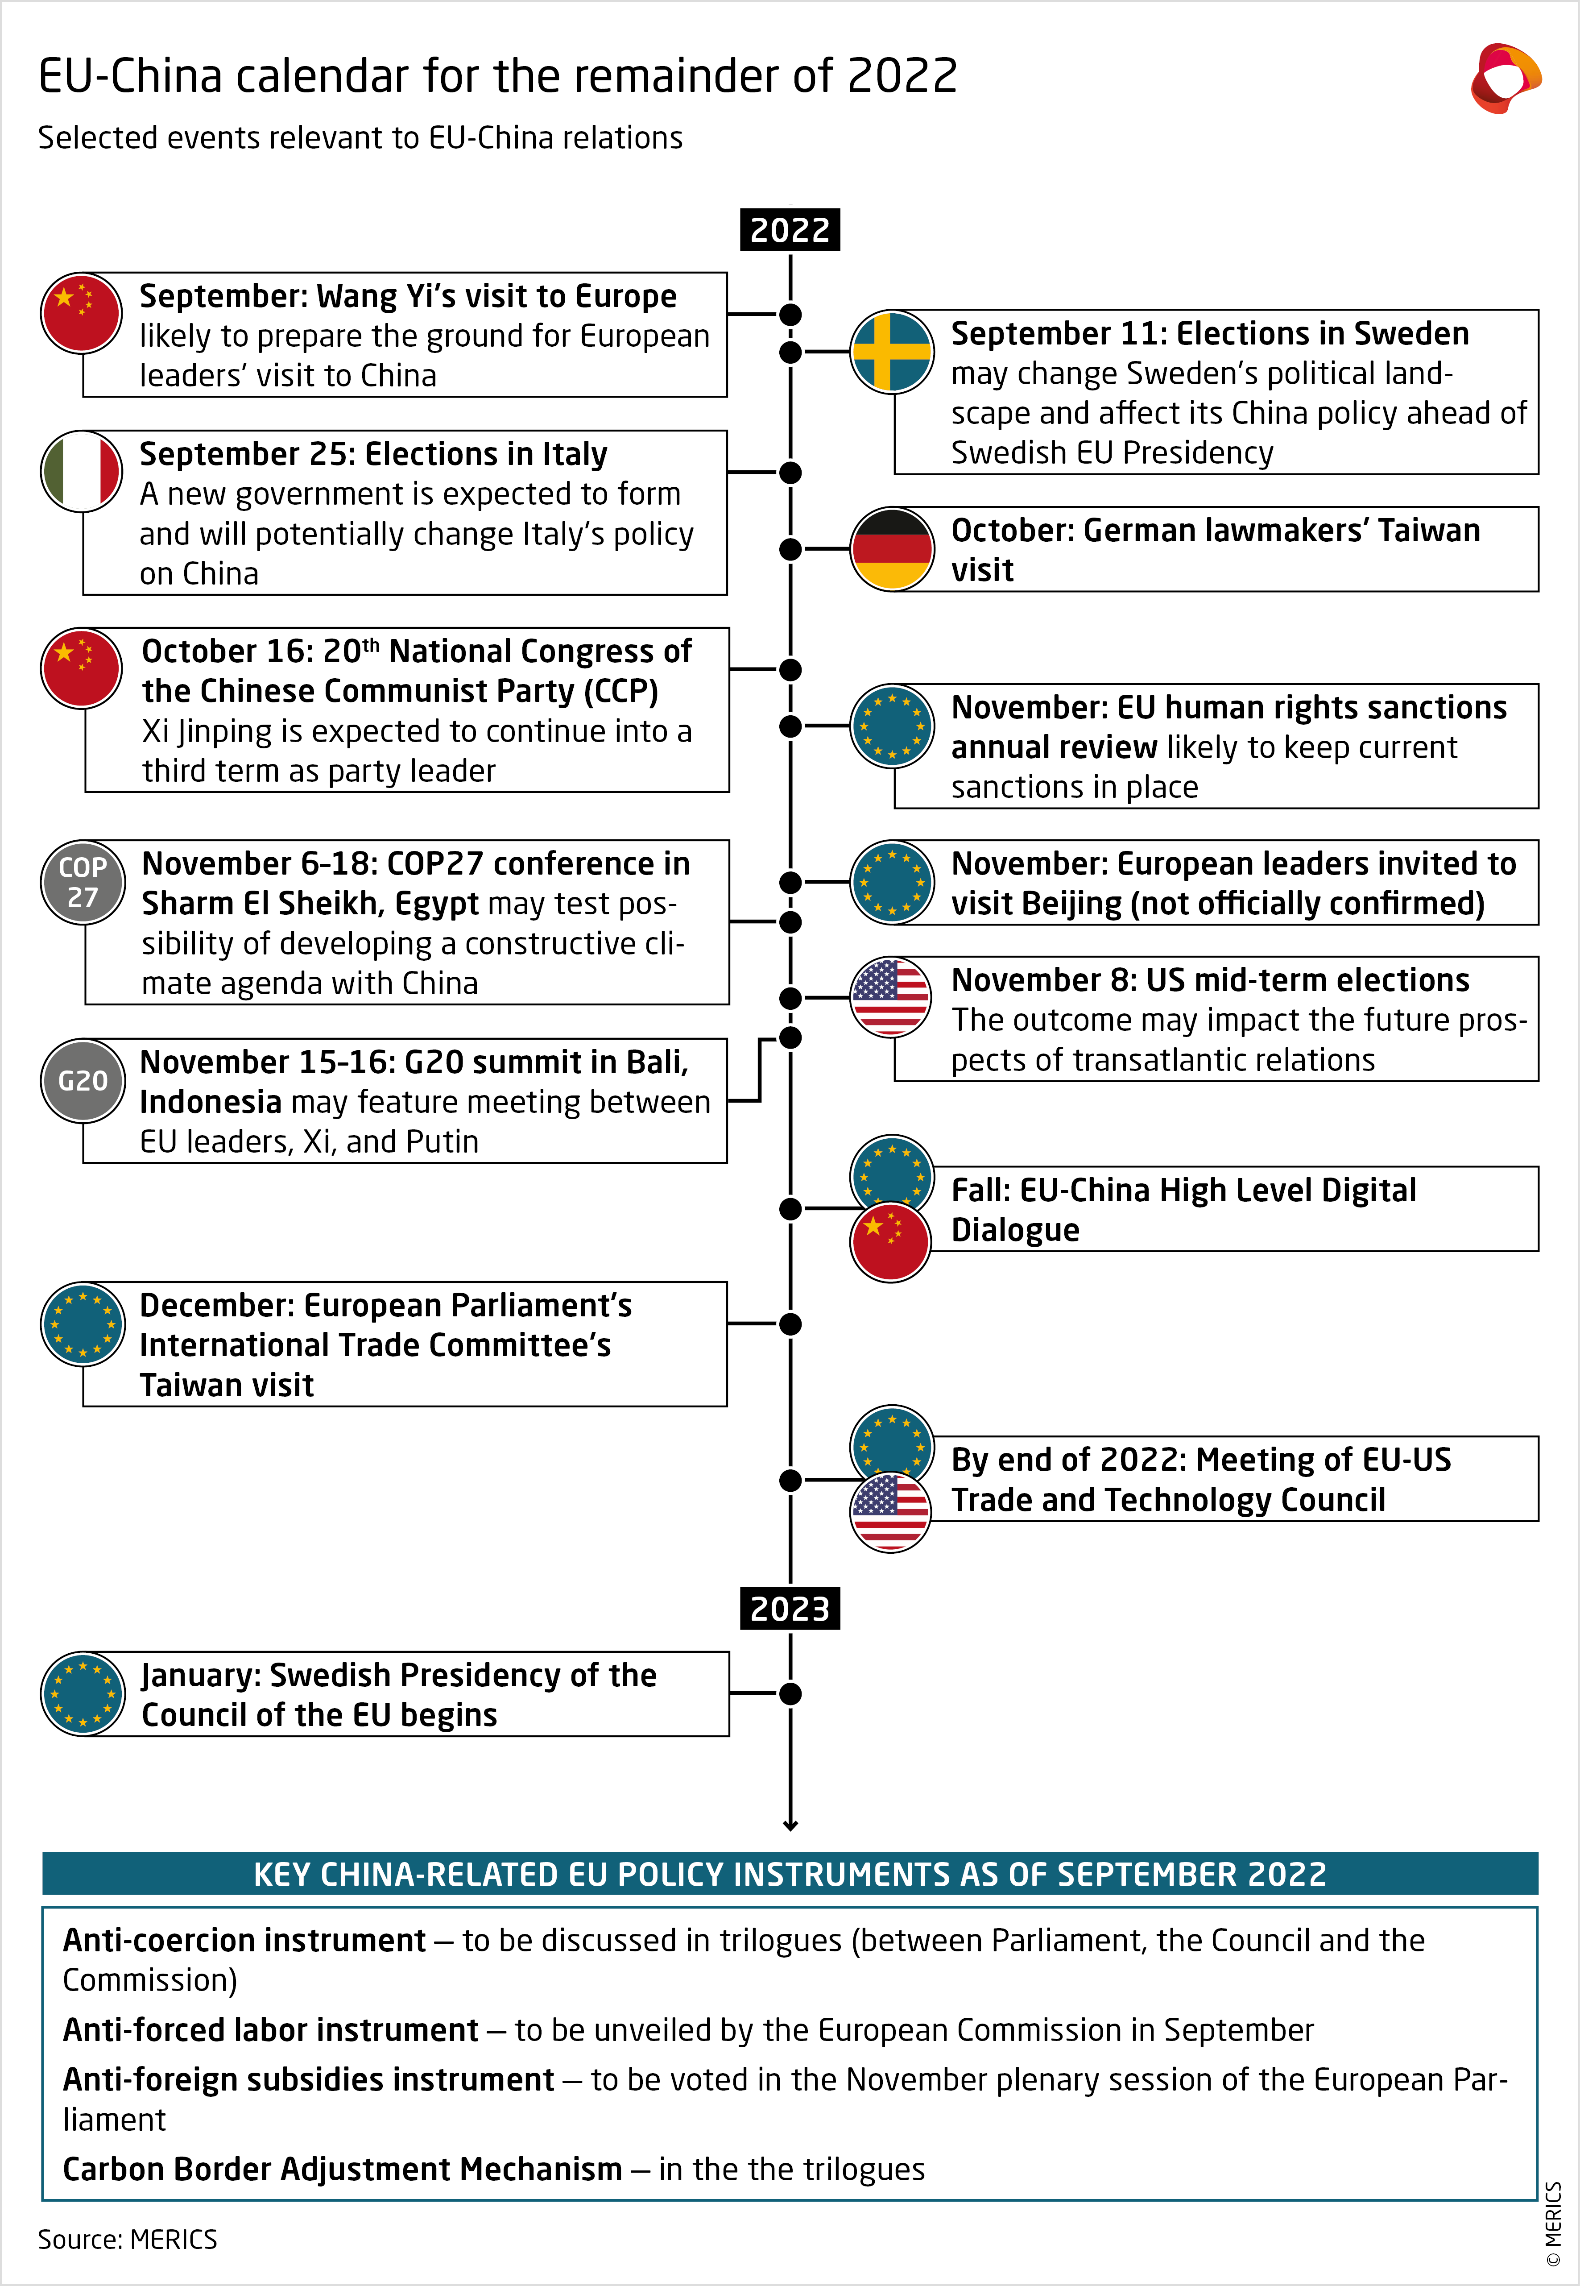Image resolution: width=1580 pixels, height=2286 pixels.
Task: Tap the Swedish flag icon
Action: tap(891, 352)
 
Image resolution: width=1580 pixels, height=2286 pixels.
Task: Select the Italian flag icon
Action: tap(81, 471)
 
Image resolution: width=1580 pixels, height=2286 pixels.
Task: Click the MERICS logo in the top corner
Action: tap(1505, 77)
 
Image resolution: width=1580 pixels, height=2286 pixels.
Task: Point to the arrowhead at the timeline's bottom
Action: tap(790, 1825)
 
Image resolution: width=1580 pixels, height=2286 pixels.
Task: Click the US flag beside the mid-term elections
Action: tap(891, 997)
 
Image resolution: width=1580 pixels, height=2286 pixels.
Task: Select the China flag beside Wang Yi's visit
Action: tap(81, 313)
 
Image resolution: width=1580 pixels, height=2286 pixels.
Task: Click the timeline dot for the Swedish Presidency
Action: tap(790, 1694)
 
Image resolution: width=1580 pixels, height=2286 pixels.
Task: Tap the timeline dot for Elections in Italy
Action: tap(790, 472)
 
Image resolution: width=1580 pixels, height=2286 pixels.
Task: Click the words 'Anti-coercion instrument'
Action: tap(244, 1941)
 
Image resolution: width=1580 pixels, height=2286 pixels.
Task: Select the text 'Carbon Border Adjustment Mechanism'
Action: tap(342, 2169)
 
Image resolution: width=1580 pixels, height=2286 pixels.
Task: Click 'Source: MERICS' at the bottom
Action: tap(127, 2240)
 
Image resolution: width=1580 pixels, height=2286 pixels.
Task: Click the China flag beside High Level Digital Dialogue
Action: tap(891, 1242)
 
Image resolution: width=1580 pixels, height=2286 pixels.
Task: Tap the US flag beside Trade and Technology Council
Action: tap(891, 1512)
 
